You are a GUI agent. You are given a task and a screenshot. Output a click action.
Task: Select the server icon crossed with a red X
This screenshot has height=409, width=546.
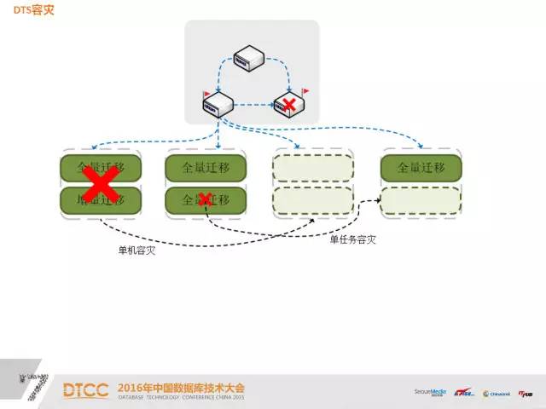click(288, 105)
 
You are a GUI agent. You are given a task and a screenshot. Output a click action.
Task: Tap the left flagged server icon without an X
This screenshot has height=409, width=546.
click(218, 106)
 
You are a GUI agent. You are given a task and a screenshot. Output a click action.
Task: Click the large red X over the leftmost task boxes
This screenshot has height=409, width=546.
click(100, 182)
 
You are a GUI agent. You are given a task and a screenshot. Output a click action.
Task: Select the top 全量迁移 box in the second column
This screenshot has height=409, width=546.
click(205, 167)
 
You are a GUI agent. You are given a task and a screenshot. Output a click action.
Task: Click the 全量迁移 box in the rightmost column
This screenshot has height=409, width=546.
click(421, 167)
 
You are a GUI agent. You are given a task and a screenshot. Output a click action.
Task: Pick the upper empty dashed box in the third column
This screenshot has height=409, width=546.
click(313, 167)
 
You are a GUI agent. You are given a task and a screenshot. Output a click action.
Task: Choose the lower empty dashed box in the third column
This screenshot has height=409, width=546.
click(313, 201)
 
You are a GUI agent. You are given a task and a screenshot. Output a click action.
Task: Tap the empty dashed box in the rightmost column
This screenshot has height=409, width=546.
click(421, 201)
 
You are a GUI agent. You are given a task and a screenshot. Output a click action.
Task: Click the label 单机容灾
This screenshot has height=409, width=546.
click(137, 251)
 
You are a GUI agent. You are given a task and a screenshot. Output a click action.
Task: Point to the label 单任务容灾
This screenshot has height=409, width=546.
click(353, 240)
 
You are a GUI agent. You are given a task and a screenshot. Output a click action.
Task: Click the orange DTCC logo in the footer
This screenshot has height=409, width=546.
click(85, 390)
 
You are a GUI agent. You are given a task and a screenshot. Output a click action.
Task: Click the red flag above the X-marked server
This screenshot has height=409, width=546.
click(305, 90)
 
